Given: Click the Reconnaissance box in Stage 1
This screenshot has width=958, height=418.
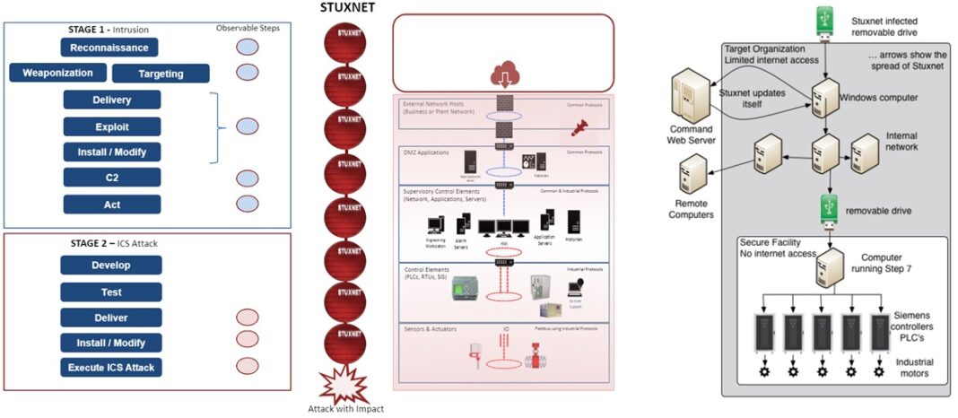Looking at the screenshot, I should [110, 47].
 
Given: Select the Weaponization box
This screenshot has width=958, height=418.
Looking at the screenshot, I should [58, 73].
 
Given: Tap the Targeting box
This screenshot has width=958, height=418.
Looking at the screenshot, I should [161, 74].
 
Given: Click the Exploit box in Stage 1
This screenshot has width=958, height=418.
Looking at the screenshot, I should [112, 126].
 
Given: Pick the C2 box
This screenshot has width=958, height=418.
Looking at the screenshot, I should [112, 178].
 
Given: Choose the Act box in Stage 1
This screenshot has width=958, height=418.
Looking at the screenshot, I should [112, 205].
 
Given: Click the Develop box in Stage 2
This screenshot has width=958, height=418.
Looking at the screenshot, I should [111, 266].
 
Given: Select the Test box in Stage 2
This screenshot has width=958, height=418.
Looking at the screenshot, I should [111, 292].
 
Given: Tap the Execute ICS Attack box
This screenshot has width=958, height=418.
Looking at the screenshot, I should [111, 368].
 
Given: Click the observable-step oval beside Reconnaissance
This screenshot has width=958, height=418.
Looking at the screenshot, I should [248, 47].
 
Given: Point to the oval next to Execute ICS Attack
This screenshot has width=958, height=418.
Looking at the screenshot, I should [248, 367].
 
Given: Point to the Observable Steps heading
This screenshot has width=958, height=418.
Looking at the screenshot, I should [248, 28].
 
